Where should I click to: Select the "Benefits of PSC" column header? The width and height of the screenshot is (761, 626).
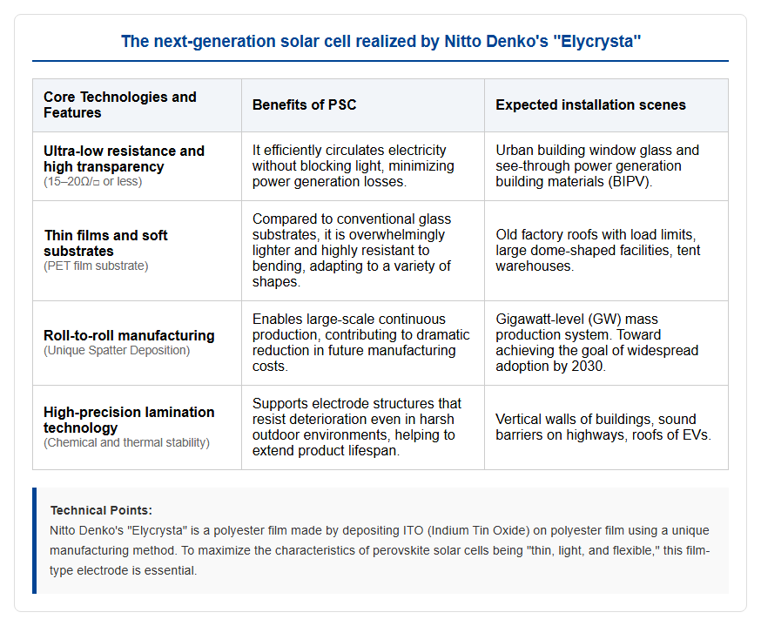[304, 104]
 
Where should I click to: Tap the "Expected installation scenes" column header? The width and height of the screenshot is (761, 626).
[590, 104]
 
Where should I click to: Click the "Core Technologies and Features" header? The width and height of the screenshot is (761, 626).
[120, 104]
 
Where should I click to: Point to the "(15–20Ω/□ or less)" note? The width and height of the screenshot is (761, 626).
[92, 181]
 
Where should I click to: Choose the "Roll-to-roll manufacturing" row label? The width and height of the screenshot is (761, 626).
[129, 335]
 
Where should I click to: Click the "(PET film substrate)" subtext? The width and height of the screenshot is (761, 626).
[96, 266]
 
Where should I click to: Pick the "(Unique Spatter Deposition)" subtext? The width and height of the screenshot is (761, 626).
[117, 350]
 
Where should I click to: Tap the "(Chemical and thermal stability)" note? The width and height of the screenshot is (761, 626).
[126, 442]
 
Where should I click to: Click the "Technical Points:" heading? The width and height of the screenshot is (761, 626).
[101, 510]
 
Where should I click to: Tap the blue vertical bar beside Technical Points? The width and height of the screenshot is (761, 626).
[35, 541]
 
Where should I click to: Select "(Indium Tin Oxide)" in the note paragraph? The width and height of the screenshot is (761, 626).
[479, 530]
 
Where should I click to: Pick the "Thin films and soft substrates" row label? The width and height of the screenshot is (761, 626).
[106, 243]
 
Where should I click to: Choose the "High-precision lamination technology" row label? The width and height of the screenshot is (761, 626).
[129, 420]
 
